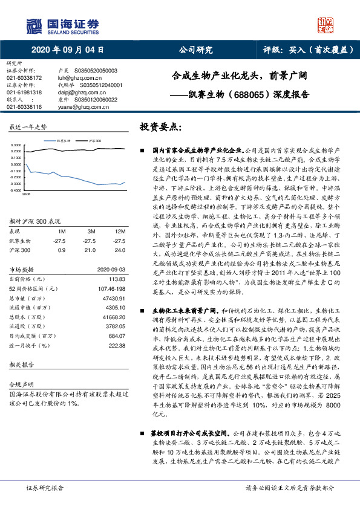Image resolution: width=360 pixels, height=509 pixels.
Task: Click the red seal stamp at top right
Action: click(327, 24)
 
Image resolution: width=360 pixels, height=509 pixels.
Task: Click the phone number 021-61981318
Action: click(24, 92)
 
